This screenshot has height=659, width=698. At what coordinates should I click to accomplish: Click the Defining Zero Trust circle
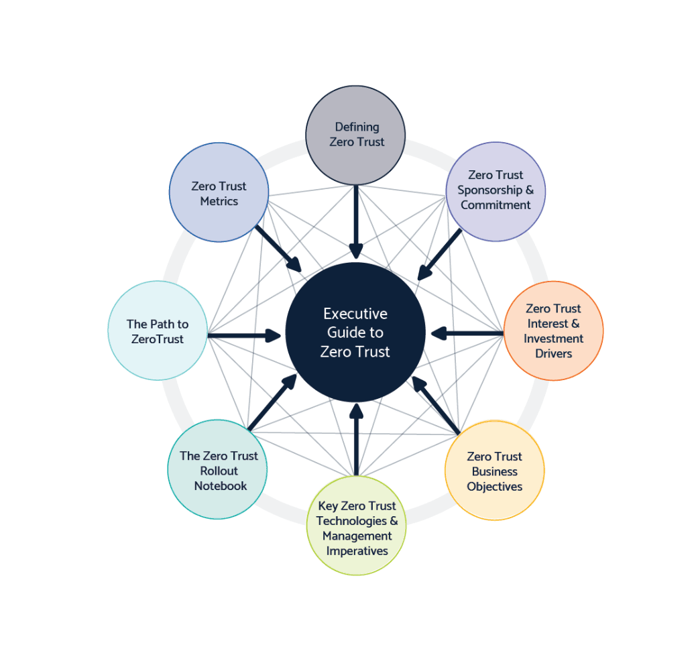click(x=355, y=135)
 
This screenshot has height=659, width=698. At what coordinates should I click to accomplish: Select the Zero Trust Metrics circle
click(x=219, y=192)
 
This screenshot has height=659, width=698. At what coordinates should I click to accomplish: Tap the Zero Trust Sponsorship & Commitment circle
click(x=496, y=192)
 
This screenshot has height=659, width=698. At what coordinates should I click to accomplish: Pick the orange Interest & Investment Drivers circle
click(x=553, y=331)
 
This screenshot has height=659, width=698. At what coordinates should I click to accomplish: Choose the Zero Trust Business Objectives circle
click(x=495, y=471)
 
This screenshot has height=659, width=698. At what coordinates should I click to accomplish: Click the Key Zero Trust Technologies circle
click(x=356, y=526)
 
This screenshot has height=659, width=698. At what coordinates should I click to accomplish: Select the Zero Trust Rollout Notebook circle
click(x=218, y=469)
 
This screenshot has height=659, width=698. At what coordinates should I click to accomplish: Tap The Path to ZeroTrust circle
click(x=158, y=331)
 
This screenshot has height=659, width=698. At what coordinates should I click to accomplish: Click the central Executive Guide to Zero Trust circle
click(x=355, y=332)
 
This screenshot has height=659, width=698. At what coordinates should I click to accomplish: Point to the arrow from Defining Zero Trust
click(x=355, y=222)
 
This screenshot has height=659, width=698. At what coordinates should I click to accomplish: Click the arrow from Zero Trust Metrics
click(x=279, y=249)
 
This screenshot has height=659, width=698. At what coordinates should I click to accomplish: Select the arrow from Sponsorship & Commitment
click(x=439, y=255)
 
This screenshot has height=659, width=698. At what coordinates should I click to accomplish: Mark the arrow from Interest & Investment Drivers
click(x=467, y=333)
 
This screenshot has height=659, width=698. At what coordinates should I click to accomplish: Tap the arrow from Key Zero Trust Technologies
click(x=356, y=439)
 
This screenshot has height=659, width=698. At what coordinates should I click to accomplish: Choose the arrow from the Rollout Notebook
click(x=272, y=402)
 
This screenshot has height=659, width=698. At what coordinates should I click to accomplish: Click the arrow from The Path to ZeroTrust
click(x=244, y=335)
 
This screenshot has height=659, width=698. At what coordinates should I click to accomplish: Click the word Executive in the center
click(x=355, y=314)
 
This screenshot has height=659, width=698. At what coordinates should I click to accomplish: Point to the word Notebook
click(x=221, y=486)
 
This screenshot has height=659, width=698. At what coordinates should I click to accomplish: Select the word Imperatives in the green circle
click(x=357, y=551)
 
